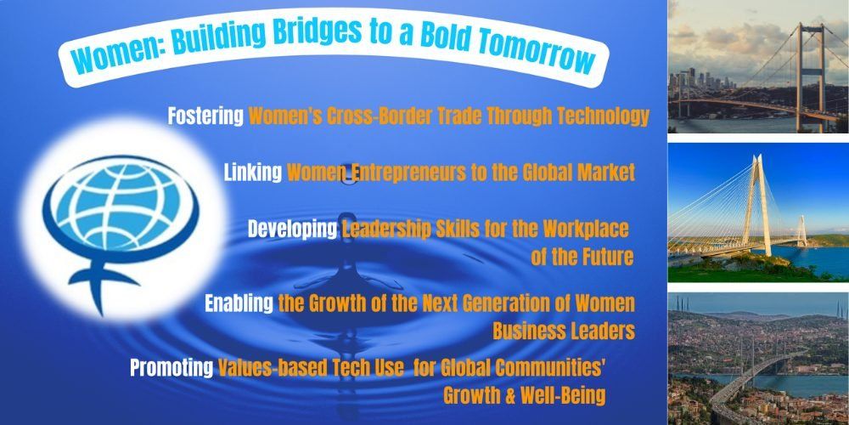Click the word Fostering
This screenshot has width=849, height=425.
(x=205, y=116)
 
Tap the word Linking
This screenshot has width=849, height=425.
(x=253, y=173)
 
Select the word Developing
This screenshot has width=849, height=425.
(x=292, y=229)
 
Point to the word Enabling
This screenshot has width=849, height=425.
(x=239, y=303)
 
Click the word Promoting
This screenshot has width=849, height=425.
(x=171, y=367)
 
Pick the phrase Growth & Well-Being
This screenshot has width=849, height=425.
(x=524, y=395)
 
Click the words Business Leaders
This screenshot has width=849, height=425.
(x=564, y=331)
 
